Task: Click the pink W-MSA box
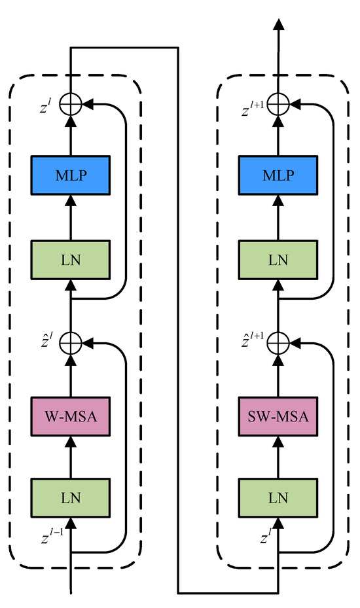coord(70,416)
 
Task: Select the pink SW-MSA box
coord(279,416)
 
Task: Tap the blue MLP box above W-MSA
coord(70,177)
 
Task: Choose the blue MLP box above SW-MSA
coord(279,177)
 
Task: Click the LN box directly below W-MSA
coord(70,497)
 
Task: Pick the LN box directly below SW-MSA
coord(279,497)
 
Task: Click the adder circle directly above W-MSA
coord(70,342)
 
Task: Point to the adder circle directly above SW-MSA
coord(279,342)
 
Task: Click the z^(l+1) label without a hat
coord(251,105)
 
